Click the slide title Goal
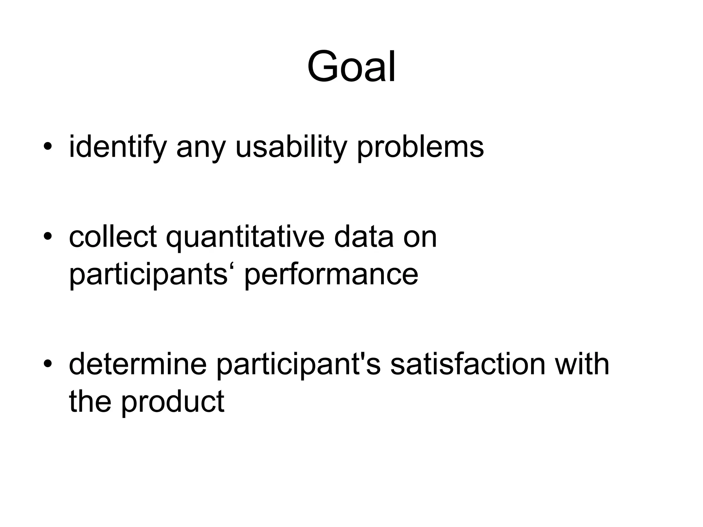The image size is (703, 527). (351, 67)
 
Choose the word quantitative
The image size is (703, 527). (245, 237)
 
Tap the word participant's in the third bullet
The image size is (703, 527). (298, 365)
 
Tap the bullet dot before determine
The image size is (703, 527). (48, 364)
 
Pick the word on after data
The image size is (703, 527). (420, 237)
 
